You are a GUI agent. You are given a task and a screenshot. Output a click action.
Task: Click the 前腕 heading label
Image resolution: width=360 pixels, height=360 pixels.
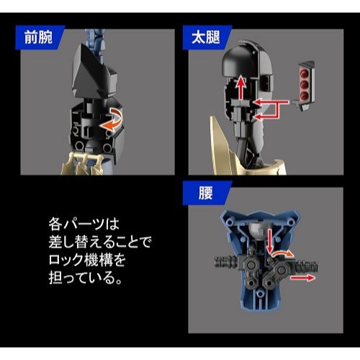[x=38, y=37]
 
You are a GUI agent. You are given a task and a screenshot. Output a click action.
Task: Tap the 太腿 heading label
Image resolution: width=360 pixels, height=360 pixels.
[x=205, y=37]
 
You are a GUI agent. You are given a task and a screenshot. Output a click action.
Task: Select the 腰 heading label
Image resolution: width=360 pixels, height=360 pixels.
[x=205, y=193]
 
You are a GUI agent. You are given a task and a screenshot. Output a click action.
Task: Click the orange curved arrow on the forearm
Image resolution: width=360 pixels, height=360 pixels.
[x=112, y=120]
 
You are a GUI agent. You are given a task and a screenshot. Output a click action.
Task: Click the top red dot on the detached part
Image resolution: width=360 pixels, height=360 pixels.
[x=305, y=73]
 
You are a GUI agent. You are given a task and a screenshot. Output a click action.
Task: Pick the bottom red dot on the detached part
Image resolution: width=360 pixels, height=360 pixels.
[x=305, y=95]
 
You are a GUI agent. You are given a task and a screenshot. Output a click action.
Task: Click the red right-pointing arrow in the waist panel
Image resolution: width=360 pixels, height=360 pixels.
[x=302, y=278]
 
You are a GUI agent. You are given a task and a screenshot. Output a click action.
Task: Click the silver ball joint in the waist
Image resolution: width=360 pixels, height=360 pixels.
[x=257, y=230]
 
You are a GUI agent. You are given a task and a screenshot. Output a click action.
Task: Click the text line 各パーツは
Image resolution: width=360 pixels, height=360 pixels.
[x=84, y=224]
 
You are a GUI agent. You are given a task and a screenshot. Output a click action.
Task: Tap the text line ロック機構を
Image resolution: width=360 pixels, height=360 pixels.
[x=87, y=260]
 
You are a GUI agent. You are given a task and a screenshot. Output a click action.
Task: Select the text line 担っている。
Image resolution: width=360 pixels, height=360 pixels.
[x=85, y=278]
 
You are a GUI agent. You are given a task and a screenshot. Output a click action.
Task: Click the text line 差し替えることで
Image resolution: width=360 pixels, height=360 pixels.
[x=100, y=242]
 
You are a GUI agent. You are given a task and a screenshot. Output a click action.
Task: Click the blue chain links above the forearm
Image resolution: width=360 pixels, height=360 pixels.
[x=94, y=38]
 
